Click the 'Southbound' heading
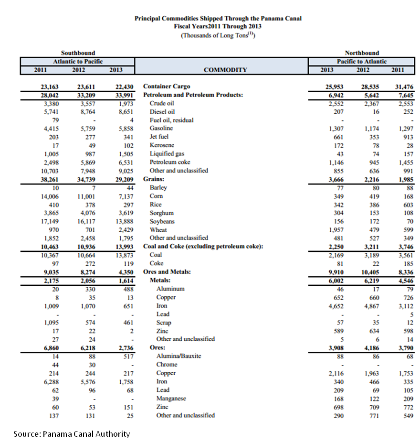click(x=78, y=53)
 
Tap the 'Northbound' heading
click(x=362, y=53)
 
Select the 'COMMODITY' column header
click(x=225, y=70)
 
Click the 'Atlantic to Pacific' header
click(x=78, y=62)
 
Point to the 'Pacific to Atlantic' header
click(x=362, y=62)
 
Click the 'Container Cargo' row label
click(x=167, y=86)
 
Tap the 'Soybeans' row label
click(x=162, y=221)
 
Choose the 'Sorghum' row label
click(x=161, y=213)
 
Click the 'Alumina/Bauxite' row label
click(x=178, y=356)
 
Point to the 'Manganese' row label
click(x=171, y=399)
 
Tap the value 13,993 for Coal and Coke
click(x=124, y=247)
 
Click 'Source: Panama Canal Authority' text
click(x=72, y=434)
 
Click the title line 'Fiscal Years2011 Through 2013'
click(x=218, y=27)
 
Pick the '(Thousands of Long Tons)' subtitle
click(x=218, y=36)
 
